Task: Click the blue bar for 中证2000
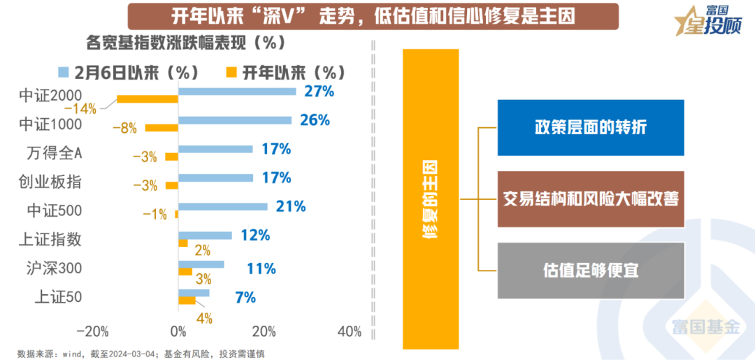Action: [237, 91]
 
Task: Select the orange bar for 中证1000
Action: [161, 128]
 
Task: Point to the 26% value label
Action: [315, 120]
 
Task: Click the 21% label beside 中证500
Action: [291, 206]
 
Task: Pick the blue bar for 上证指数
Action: [205, 236]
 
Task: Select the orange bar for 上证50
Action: [187, 301]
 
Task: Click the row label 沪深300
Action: [51, 268]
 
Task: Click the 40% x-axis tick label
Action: [349, 331]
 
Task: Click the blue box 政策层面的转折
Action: [591, 127]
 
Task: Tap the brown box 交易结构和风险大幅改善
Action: [591, 199]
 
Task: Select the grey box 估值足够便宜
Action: [591, 270]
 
